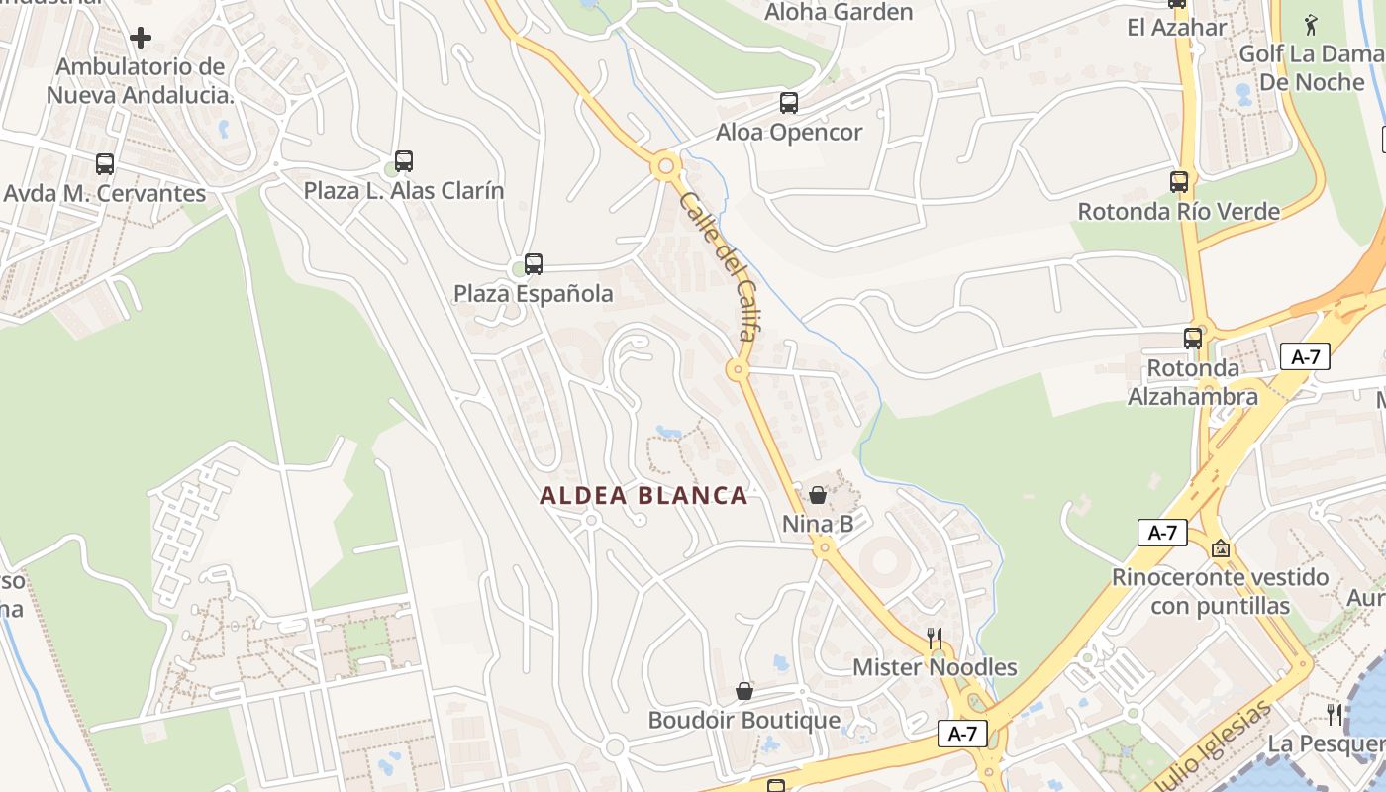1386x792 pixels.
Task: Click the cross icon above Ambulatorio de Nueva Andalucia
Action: (x=141, y=38)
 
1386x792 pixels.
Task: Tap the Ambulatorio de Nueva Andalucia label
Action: (x=141, y=81)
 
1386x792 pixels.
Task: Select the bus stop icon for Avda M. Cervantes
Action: (x=105, y=164)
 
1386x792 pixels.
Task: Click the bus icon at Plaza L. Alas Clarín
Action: (x=404, y=160)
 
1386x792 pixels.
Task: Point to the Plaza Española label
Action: (x=534, y=294)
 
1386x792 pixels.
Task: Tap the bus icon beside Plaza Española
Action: (x=534, y=264)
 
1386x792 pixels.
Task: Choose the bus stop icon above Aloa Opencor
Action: (x=789, y=102)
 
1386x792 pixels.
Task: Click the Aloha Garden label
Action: (x=839, y=13)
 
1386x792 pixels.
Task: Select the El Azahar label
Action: (x=1176, y=27)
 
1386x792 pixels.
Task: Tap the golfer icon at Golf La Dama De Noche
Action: (x=1311, y=24)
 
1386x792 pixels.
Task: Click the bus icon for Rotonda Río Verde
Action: (x=1178, y=182)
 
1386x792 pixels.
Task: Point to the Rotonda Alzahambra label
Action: (x=1193, y=382)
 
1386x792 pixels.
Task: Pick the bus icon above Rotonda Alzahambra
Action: (x=1193, y=338)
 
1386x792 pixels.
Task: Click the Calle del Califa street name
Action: (x=718, y=266)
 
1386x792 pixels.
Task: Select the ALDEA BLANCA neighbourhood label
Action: (x=643, y=496)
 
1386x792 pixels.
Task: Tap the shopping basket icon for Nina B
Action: (x=818, y=495)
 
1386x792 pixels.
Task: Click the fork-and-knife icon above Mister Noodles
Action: (x=934, y=638)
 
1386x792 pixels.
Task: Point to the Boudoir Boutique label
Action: (x=743, y=720)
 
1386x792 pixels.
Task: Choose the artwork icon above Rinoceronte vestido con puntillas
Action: (x=1221, y=547)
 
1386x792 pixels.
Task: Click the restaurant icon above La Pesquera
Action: (x=1335, y=713)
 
